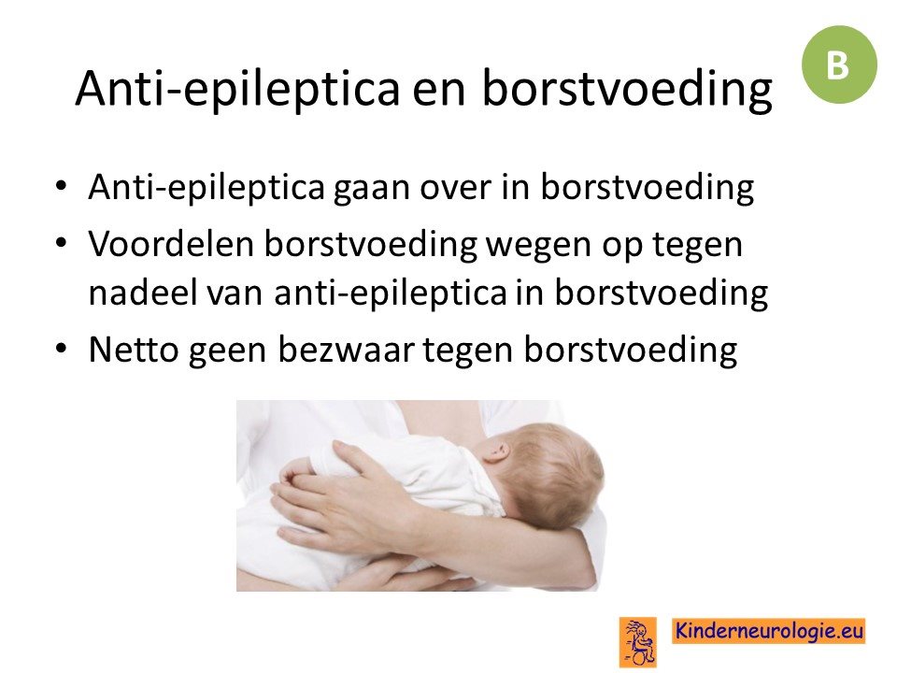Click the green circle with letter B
[x=839, y=64]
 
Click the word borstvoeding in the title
[x=627, y=88]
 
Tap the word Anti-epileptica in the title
[x=237, y=88]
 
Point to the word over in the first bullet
[x=456, y=188]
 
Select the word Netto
[x=134, y=349]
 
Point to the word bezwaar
[x=346, y=349]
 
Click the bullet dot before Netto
[x=62, y=348]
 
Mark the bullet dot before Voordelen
[x=62, y=243]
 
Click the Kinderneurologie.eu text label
[x=768, y=631]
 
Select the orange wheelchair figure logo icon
[x=637, y=641]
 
